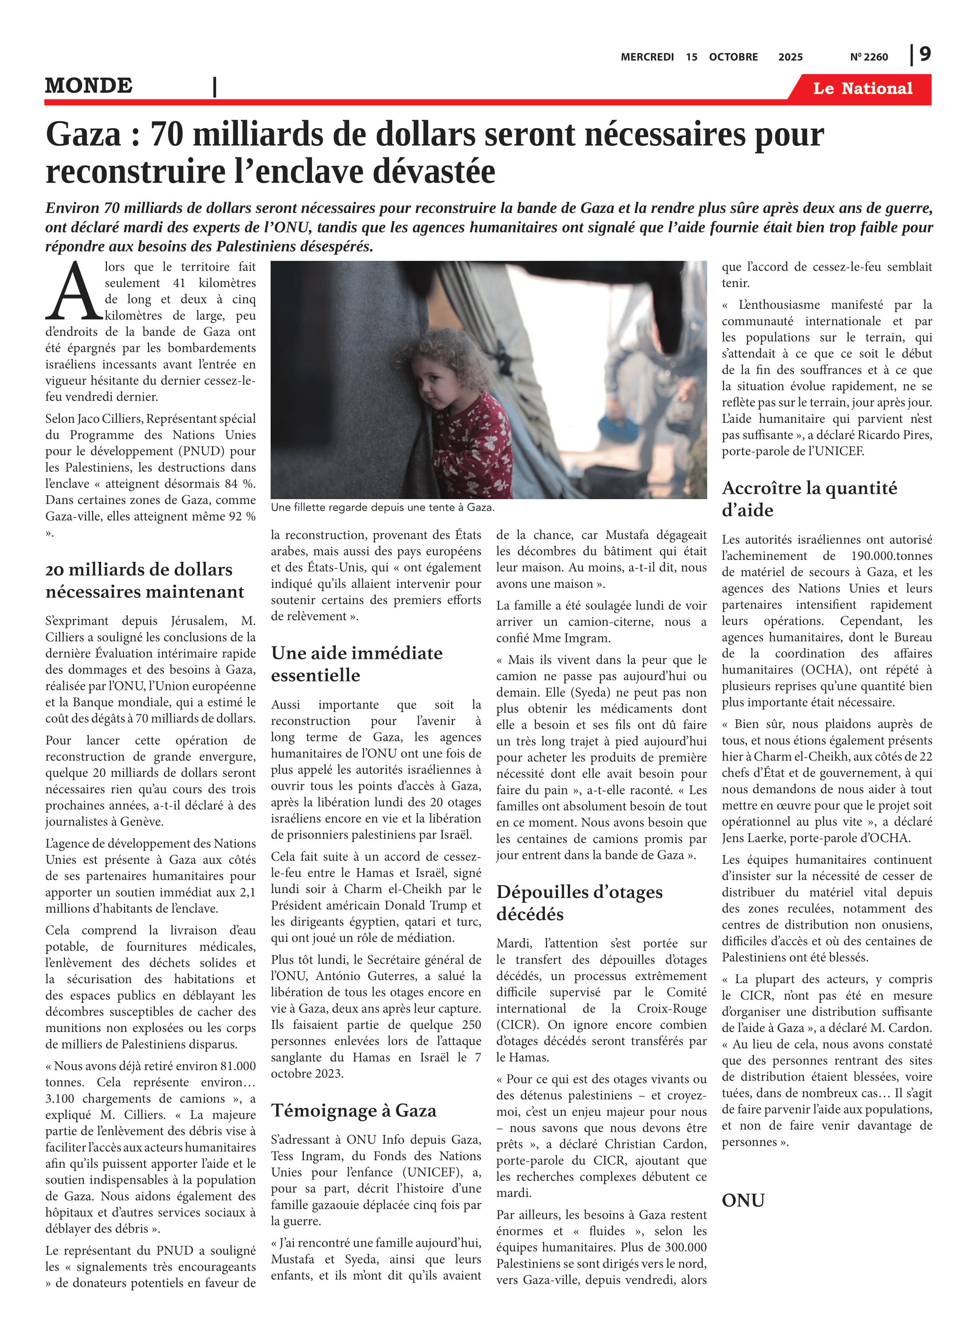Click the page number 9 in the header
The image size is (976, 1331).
click(x=925, y=55)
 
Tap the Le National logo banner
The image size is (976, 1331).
click(x=862, y=89)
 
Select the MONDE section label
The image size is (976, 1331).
click(x=89, y=86)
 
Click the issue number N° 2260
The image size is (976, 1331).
click(x=869, y=57)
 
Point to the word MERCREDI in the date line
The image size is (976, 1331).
click(x=647, y=57)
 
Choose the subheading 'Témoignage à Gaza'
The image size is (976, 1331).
click(x=353, y=1110)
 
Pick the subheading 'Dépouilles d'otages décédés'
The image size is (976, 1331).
click(x=579, y=903)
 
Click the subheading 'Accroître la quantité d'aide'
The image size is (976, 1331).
click(x=809, y=499)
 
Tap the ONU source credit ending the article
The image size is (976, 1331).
click(x=743, y=1201)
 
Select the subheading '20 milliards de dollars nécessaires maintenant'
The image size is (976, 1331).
click(x=144, y=580)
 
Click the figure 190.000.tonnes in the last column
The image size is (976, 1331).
click(x=891, y=556)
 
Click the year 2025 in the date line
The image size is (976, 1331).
click(x=790, y=57)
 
